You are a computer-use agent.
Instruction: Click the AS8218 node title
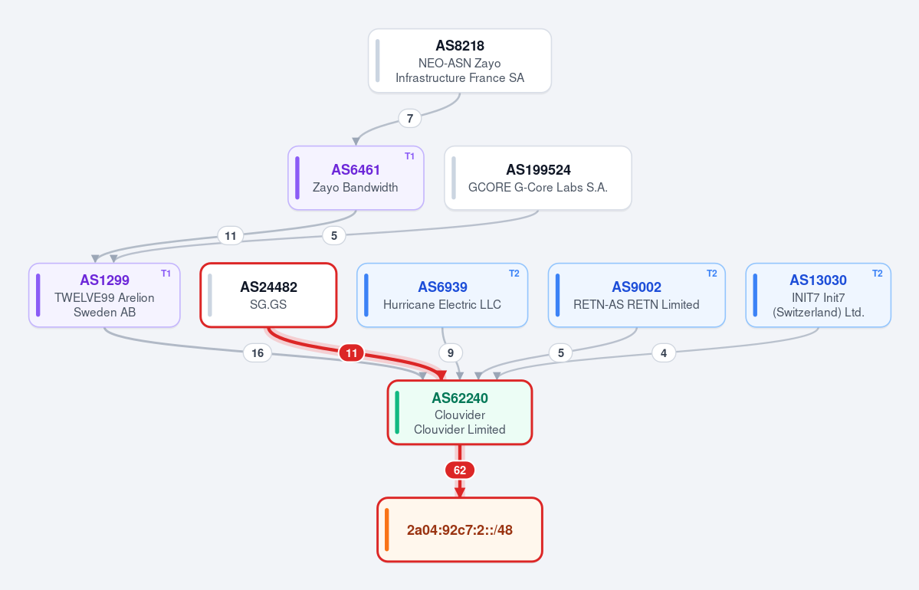pos(460,46)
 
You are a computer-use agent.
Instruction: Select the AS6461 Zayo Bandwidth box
pos(356,178)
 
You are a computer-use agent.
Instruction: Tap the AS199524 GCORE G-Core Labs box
pos(538,178)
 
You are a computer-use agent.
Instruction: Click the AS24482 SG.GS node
pos(268,295)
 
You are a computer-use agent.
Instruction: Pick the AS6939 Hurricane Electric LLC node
pos(442,295)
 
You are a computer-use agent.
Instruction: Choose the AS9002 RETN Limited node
pos(636,295)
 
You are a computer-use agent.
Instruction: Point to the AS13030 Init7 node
pos(818,295)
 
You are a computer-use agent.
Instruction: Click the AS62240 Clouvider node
pos(460,412)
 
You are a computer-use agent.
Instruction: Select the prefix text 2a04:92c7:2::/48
pos(460,530)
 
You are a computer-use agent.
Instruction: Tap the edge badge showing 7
pos(410,118)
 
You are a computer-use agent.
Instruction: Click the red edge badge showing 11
pos(351,352)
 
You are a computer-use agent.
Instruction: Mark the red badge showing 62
pos(460,470)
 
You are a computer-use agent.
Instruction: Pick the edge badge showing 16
pos(258,352)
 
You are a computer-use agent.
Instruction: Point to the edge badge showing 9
pos(451,352)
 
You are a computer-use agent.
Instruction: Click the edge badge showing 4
pos(664,352)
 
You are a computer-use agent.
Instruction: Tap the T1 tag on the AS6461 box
pos(410,156)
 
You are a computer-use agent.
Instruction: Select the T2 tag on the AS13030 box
pos(878,273)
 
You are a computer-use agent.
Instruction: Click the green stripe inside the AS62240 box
pos(397,412)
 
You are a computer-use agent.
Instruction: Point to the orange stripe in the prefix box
pos(387,529)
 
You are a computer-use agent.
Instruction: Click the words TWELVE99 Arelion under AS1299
pos(104,297)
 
